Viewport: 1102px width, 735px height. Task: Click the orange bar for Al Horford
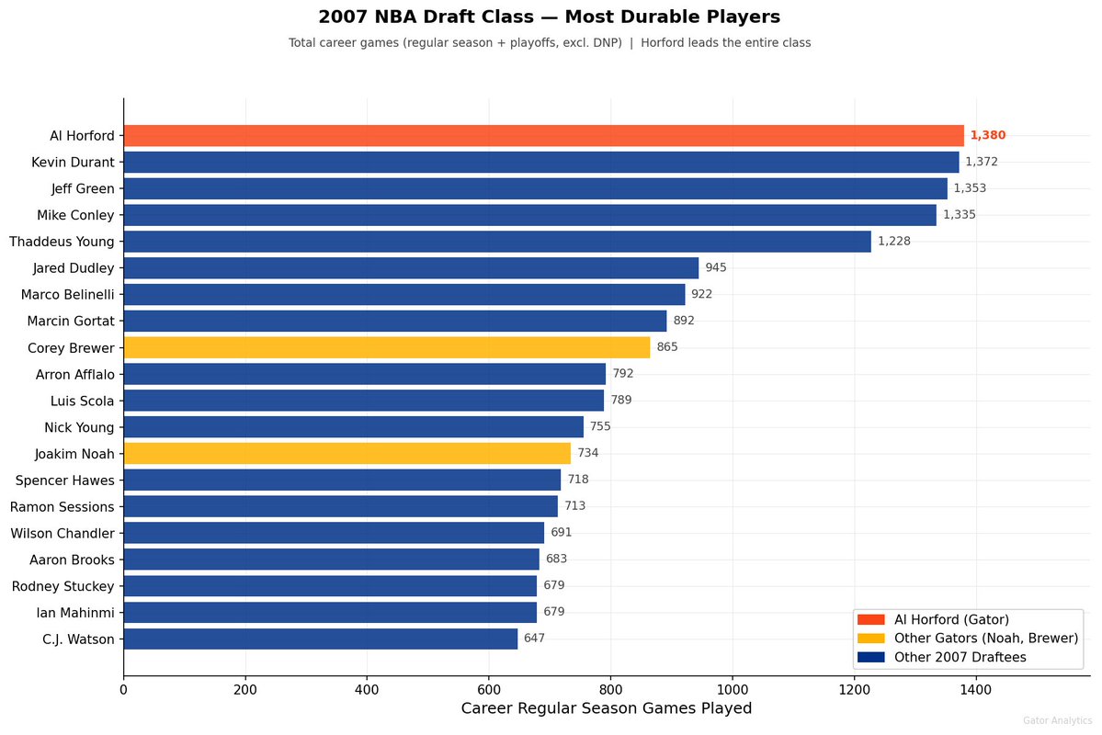tap(543, 136)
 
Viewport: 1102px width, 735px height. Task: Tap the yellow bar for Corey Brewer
tap(386, 347)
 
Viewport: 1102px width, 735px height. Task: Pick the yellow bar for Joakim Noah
tap(347, 453)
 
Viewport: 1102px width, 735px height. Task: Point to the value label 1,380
tap(988, 136)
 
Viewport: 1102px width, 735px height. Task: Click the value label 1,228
tap(895, 242)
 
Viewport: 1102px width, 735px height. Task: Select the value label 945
tap(716, 268)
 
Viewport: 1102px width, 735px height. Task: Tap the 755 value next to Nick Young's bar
tap(600, 426)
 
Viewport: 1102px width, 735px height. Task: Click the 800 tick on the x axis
tap(610, 688)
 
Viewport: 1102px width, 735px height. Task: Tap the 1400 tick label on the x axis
tap(975, 688)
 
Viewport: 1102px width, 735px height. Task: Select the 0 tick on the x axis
tap(124, 688)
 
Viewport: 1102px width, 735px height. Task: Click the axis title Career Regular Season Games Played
tap(606, 708)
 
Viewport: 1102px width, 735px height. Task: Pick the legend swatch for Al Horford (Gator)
tap(870, 619)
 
